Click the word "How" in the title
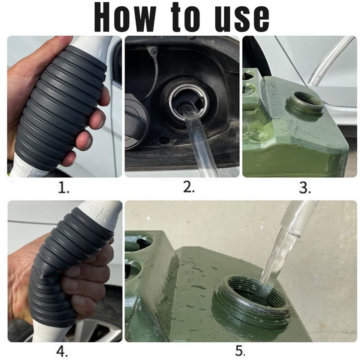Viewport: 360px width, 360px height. pyautogui.click(x=125, y=17)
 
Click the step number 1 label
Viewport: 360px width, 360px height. pyautogui.click(x=63, y=187)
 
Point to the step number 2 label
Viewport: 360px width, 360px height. pyautogui.click(x=189, y=187)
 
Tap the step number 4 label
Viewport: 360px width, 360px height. pyautogui.click(x=62, y=351)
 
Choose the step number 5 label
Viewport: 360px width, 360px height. pyautogui.click(x=240, y=351)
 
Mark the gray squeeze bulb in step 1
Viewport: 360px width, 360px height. pyautogui.click(x=58, y=106)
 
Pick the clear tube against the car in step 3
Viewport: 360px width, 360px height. pyautogui.click(x=331, y=60)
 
